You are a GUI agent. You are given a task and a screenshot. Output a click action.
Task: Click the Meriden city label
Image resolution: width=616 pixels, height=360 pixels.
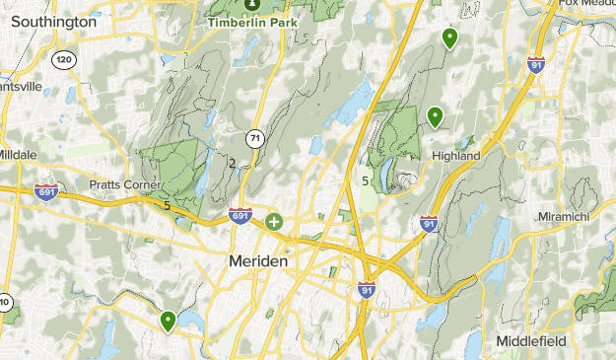[257, 261]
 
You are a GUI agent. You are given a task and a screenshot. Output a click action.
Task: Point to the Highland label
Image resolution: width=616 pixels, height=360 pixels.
[455, 156]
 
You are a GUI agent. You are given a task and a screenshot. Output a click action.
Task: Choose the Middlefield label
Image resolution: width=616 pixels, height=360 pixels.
[530, 340]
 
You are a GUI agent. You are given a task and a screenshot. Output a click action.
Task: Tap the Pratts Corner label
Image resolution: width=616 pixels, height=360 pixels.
[125, 184]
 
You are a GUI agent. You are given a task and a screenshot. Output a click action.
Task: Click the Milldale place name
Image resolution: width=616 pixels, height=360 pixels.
[17, 156]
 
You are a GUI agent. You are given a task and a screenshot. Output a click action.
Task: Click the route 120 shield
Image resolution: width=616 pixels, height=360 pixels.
[65, 60]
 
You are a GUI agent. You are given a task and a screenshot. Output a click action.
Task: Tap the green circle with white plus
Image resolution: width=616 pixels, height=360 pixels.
[273, 223]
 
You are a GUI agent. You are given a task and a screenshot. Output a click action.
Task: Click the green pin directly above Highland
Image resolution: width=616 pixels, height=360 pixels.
[435, 117]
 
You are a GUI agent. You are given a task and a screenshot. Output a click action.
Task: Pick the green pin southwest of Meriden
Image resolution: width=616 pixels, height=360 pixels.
[169, 321]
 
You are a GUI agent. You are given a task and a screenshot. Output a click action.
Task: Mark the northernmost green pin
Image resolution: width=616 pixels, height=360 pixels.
[449, 37]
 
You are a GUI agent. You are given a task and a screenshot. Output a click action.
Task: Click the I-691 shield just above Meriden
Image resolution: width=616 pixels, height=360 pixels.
[240, 215]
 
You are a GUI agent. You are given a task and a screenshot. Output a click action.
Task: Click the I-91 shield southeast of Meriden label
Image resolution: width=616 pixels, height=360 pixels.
[366, 290]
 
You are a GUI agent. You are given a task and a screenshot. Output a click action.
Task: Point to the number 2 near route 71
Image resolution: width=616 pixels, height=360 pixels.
[232, 163]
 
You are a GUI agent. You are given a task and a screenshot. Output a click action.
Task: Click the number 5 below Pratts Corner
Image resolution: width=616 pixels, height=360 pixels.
[168, 206]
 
